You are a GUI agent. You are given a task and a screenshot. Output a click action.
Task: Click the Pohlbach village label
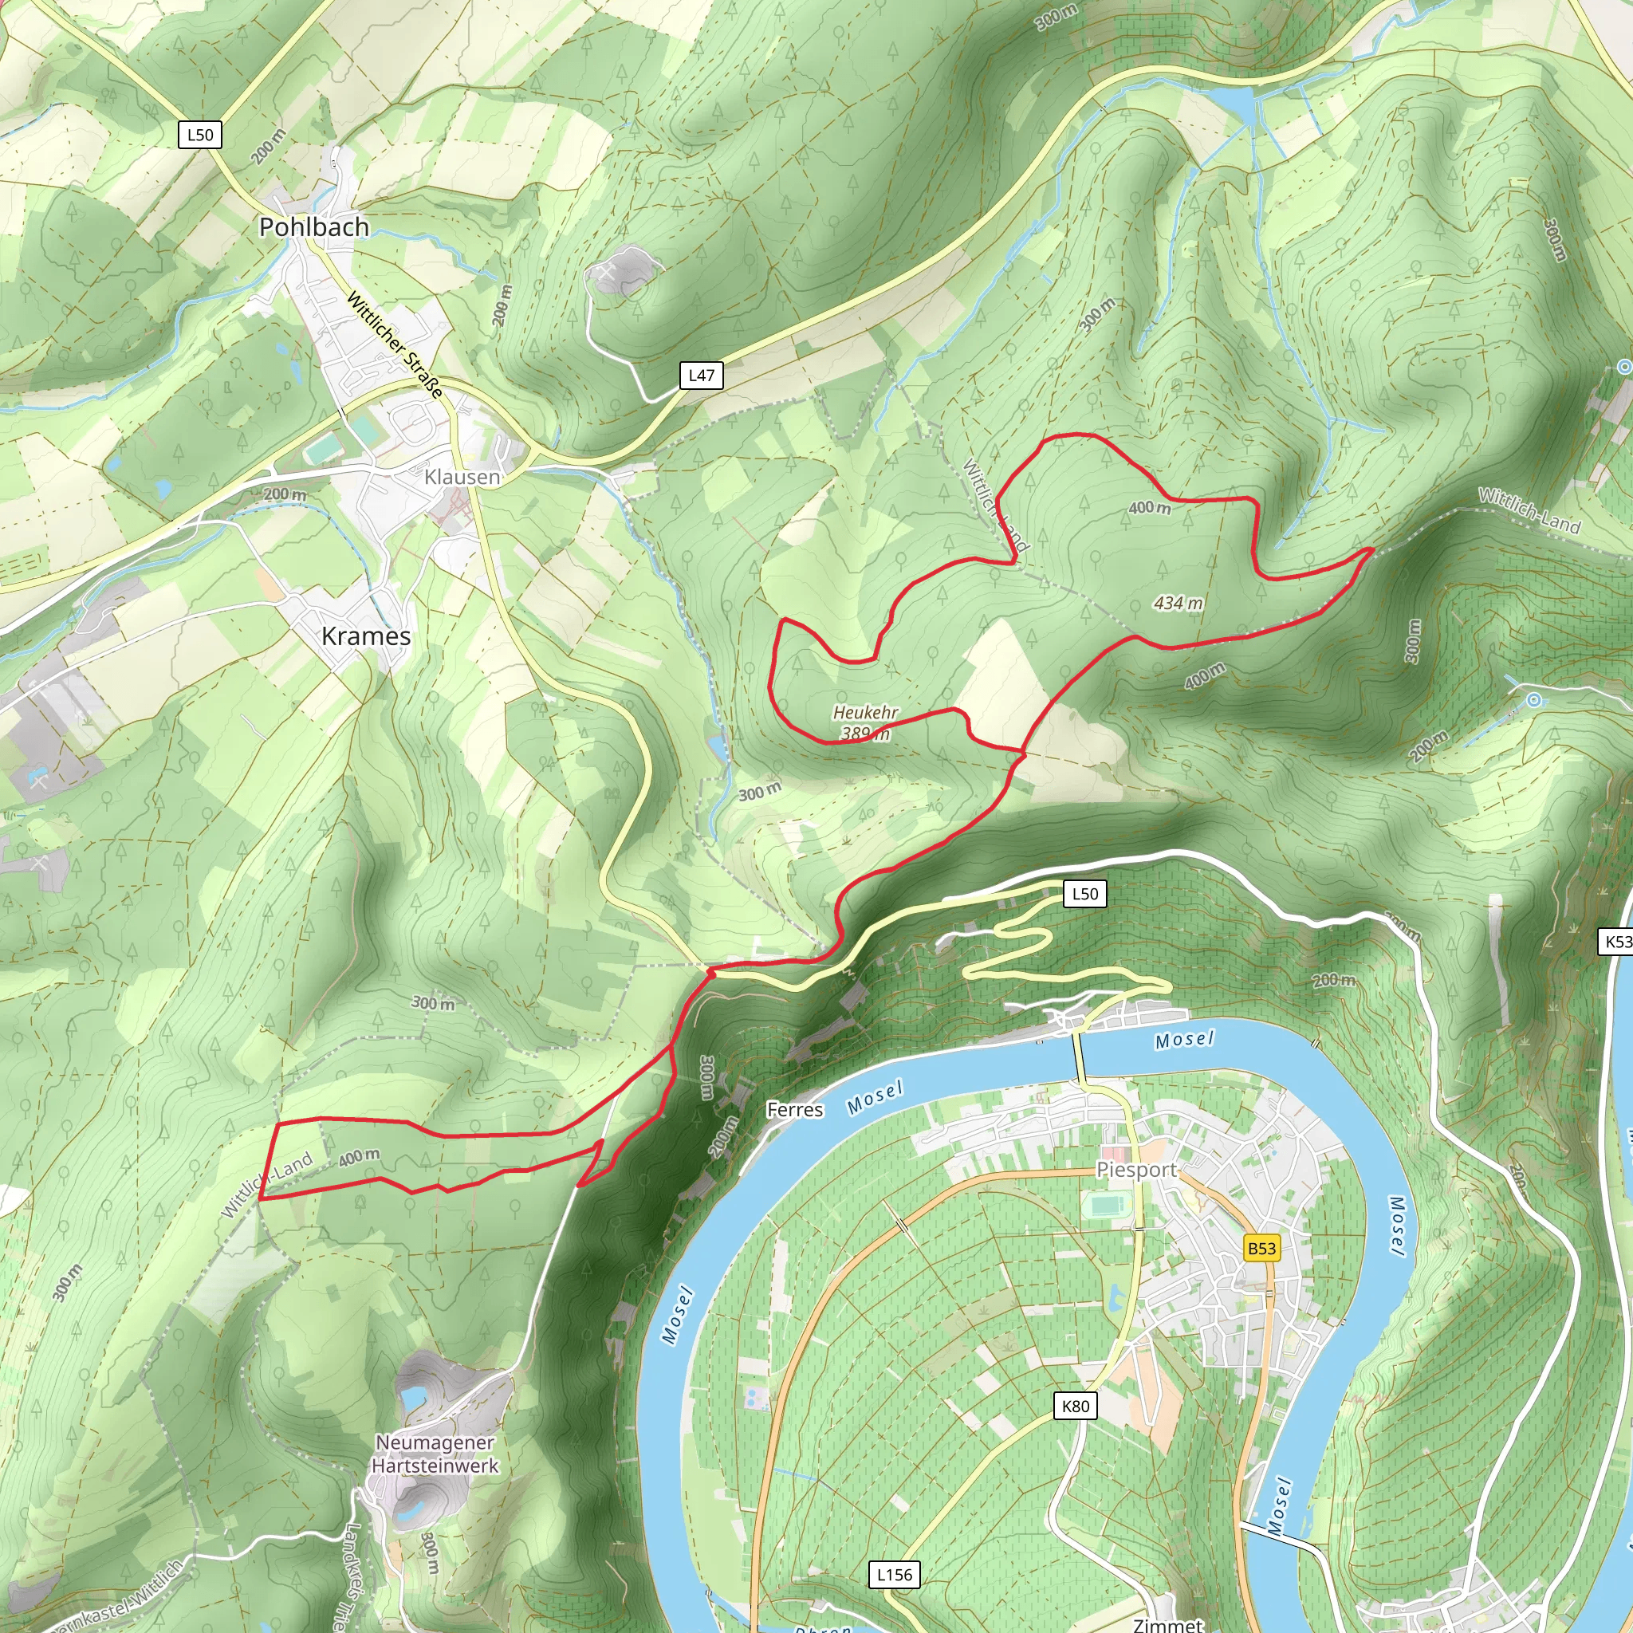pyautogui.click(x=313, y=227)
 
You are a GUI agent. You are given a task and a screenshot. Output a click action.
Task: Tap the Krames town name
pyautogui.click(x=366, y=636)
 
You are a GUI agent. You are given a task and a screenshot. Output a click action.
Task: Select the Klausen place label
pyautogui.click(x=462, y=478)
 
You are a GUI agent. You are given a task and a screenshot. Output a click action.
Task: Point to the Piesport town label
pyautogui.click(x=1136, y=1170)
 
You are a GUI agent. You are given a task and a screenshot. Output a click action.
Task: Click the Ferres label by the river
pyautogui.click(x=794, y=1110)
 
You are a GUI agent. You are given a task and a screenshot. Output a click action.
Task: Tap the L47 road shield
pyautogui.click(x=702, y=376)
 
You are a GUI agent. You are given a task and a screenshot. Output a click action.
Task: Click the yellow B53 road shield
pyautogui.click(x=1261, y=1249)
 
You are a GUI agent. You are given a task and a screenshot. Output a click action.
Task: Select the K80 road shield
pyautogui.click(x=1075, y=1406)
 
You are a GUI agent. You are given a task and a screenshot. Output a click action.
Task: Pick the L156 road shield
pyautogui.click(x=895, y=1574)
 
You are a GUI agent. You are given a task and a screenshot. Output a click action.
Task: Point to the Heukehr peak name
pyautogui.click(x=865, y=713)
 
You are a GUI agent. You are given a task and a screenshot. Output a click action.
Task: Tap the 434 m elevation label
pyautogui.click(x=1178, y=604)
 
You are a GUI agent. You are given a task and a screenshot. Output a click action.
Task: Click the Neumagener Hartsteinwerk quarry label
pyautogui.click(x=435, y=1454)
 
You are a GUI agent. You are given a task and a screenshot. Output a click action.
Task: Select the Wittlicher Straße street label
pyautogui.click(x=395, y=344)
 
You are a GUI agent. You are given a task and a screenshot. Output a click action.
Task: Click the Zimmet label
pyautogui.click(x=1167, y=1624)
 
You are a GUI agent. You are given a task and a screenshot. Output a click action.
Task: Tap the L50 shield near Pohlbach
pyautogui.click(x=200, y=135)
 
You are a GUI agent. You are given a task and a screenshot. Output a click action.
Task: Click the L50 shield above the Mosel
pyautogui.click(x=1084, y=893)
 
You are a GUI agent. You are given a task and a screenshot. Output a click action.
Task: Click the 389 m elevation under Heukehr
pyautogui.click(x=865, y=734)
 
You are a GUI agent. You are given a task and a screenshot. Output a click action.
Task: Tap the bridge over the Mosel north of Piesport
pyautogui.click(x=1080, y=1057)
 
